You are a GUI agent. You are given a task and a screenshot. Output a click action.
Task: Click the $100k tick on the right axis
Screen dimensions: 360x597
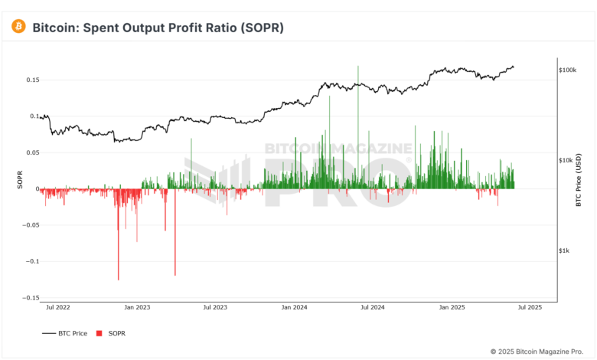click(567, 70)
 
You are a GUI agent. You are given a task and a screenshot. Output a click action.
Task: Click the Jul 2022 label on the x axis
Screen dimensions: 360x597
click(58, 308)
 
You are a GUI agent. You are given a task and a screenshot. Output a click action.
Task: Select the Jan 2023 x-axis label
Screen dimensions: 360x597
click(137, 308)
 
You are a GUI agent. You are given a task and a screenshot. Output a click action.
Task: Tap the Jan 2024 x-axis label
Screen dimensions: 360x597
click(294, 308)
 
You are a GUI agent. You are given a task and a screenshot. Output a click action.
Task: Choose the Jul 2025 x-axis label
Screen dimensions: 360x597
click(530, 308)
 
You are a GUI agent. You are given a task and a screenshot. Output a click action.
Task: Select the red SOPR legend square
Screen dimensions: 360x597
click(99, 334)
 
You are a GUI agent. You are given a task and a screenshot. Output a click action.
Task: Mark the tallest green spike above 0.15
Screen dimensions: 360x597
click(357, 69)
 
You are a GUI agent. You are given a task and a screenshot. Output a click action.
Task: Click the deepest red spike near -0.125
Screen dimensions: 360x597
click(119, 277)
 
